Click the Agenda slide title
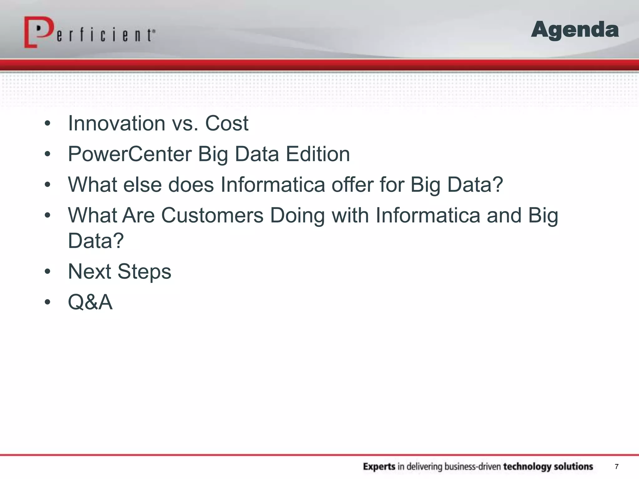point(575,30)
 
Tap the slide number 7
point(617,467)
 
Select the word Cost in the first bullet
point(227,123)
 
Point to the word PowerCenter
point(130,154)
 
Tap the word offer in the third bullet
point(352,185)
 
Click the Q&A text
point(90,302)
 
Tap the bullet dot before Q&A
point(47,302)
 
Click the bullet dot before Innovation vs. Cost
point(47,123)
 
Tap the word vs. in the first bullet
point(185,123)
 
